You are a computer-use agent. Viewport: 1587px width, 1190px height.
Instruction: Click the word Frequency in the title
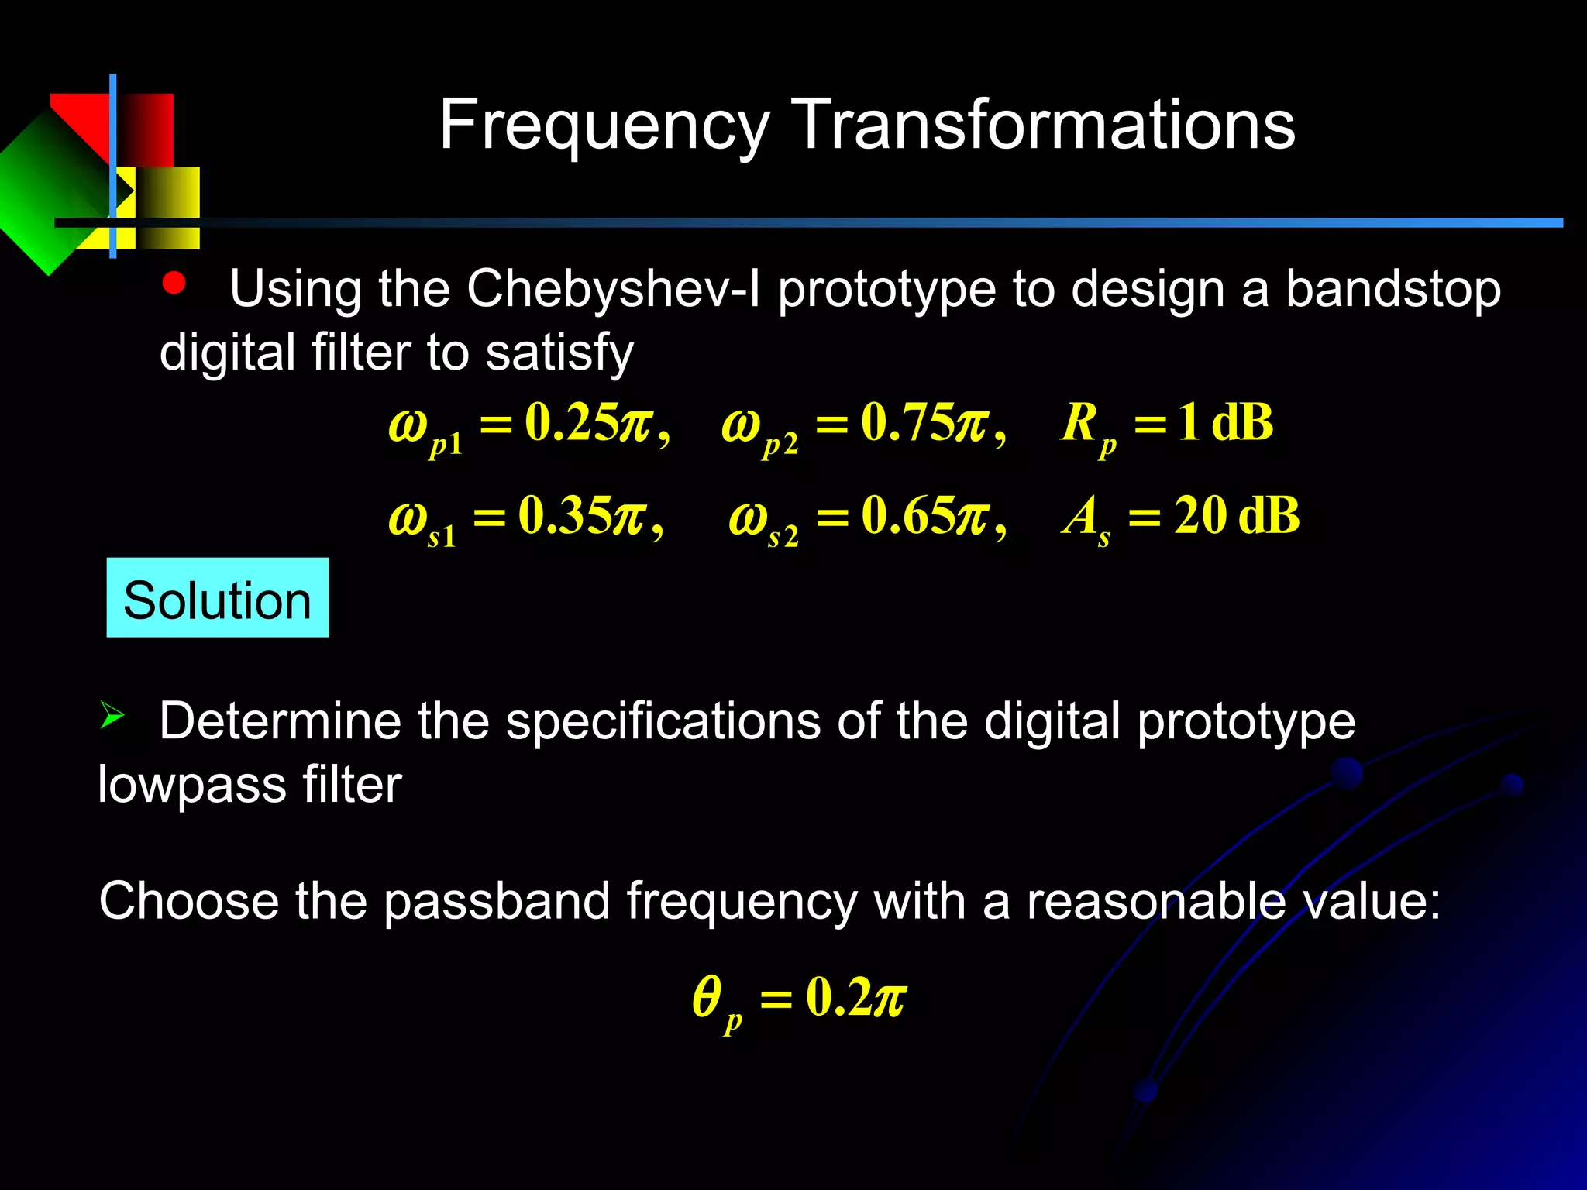pyautogui.click(x=604, y=126)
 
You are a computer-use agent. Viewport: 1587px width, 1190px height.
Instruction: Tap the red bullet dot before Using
pyautogui.click(x=174, y=284)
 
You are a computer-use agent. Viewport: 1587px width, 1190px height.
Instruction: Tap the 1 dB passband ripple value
pyautogui.click(x=1224, y=423)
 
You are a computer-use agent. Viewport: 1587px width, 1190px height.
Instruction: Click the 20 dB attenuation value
pyautogui.click(x=1236, y=515)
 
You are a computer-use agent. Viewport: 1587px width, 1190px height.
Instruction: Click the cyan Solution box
pyautogui.click(x=218, y=598)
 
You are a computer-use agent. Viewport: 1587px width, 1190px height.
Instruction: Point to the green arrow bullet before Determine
pyautogui.click(x=112, y=714)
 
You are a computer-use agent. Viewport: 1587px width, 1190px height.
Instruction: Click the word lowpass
pyautogui.click(x=192, y=784)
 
